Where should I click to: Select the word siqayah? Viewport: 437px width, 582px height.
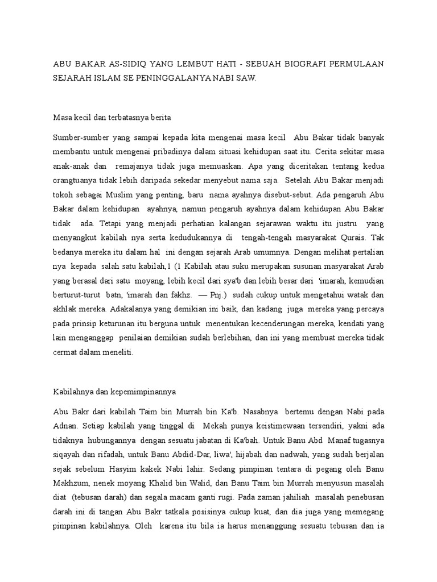[x=67, y=454]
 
